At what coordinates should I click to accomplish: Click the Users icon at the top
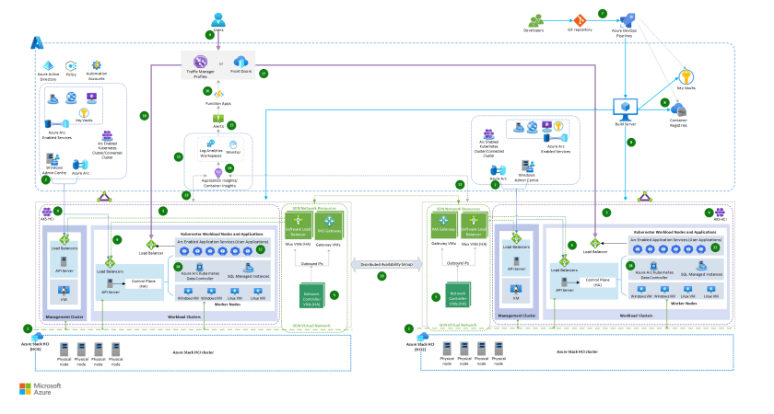point(217,18)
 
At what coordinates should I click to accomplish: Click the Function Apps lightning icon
point(220,93)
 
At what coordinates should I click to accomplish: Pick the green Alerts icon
point(219,119)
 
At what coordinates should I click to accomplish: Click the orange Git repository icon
point(580,20)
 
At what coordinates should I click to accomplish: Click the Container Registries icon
point(679,108)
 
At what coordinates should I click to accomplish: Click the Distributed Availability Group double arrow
point(382,264)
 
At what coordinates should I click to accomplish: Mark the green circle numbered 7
point(603,13)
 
